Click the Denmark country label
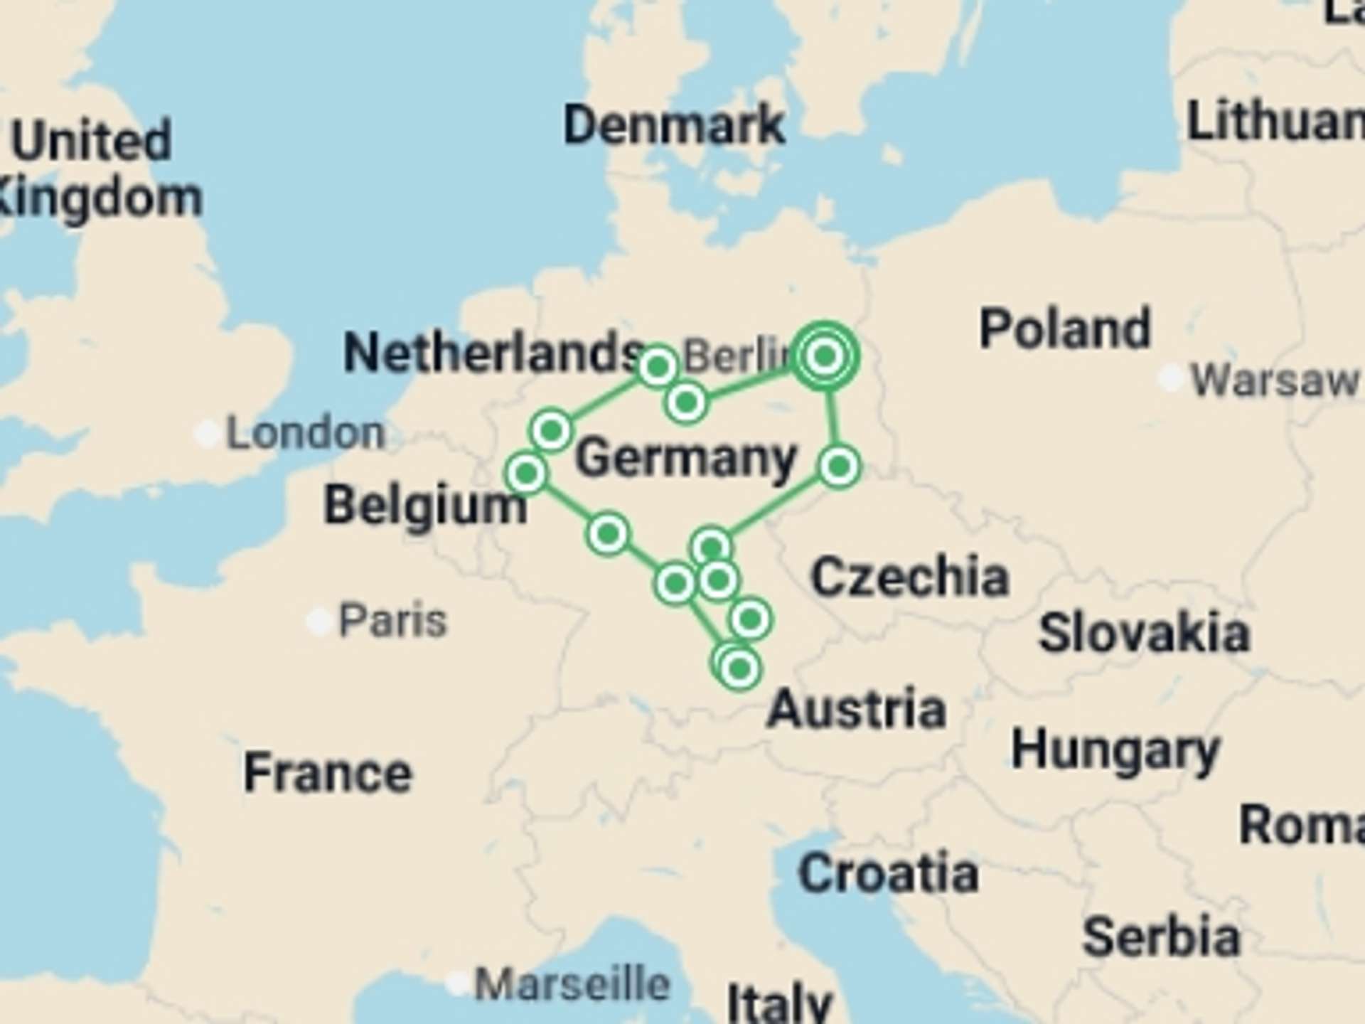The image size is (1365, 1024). tap(674, 125)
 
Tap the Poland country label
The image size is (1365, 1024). tap(1064, 329)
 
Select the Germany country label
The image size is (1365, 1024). tap(685, 458)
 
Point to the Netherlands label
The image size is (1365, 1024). tap(493, 353)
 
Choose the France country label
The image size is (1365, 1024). tap(328, 773)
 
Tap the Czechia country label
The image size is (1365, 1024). tap(910, 577)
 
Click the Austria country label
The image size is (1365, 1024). tap(857, 709)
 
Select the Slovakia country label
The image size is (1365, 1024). tap(1144, 633)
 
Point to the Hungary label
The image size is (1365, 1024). tap(1115, 751)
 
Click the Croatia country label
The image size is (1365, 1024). tap(888, 873)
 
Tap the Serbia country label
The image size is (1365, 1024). tap(1161, 937)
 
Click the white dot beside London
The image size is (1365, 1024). tap(208, 433)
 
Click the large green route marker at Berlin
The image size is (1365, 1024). tap(825, 356)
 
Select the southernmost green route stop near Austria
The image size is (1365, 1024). tap(739, 668)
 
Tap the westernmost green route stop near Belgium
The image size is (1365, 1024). tap(526, 473)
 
